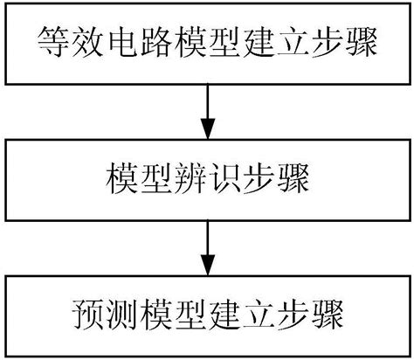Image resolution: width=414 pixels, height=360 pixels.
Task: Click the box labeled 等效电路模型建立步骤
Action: tap(207, 42)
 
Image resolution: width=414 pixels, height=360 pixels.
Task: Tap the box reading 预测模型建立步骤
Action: tap(207, 315)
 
